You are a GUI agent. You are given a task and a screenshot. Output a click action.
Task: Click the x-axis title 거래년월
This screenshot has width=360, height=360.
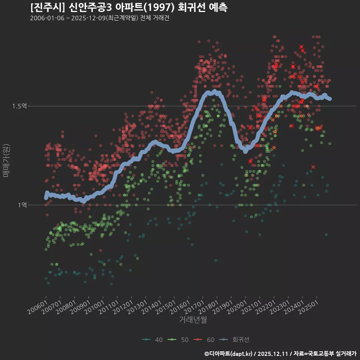pyautogui.click(x=193, y=320)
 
